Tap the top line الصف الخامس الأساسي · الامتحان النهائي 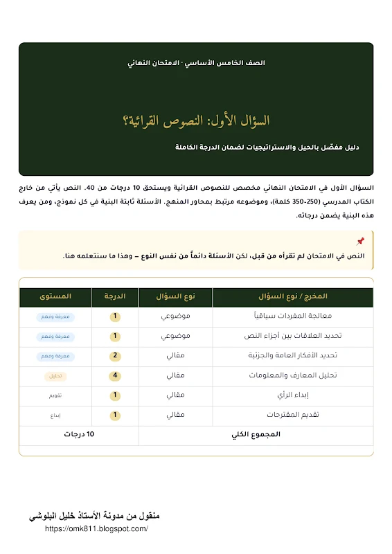click(196, 62)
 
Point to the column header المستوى click(55, 296)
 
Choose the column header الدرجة click(115, 296)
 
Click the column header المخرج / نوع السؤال click(292, 296)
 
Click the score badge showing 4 click(116, 375)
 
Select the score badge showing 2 click(116, 355)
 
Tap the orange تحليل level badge click(55, 375)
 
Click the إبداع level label click(55, 415)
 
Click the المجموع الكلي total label click(255, 435)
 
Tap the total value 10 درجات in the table click(80, 435)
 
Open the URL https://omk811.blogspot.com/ click(96, 528)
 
